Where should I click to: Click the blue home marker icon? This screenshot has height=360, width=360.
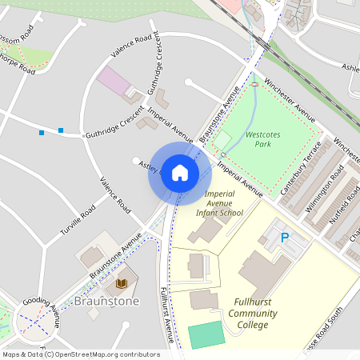pyautogui.click(x=180, y=173)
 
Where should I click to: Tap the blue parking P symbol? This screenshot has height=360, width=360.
pyautogui.click(x=284, y=238)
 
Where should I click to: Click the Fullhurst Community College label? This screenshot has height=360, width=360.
pyautogui.click(x=256, y=313)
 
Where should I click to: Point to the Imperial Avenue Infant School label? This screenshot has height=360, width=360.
pyautogui.click(x=222, y=203)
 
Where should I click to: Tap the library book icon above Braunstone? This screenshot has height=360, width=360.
pyautogui.click(x=122, y=283)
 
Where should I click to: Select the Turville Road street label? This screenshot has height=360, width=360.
pyautogui.click(x=78, y=220)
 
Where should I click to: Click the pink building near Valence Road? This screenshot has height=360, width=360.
pyautogui.click(x=112, y=81)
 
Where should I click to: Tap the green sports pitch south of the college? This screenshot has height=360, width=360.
pyautogui.click(x=207, y=334)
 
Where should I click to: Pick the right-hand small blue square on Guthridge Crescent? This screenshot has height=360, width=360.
pyautogui.click(x=61, y=130)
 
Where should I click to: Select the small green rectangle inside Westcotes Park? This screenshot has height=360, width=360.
pyautogui.click(x=222, y=141)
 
